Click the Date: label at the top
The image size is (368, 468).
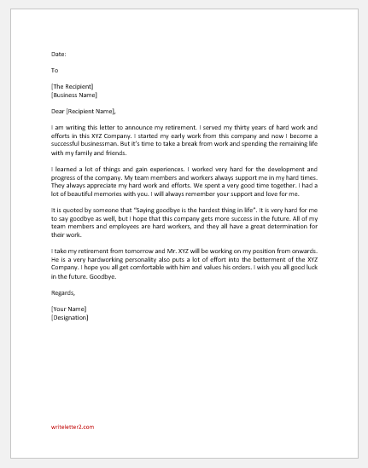(59, 54)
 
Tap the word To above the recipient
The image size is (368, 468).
(55, 71)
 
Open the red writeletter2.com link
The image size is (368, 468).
(71, 450)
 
